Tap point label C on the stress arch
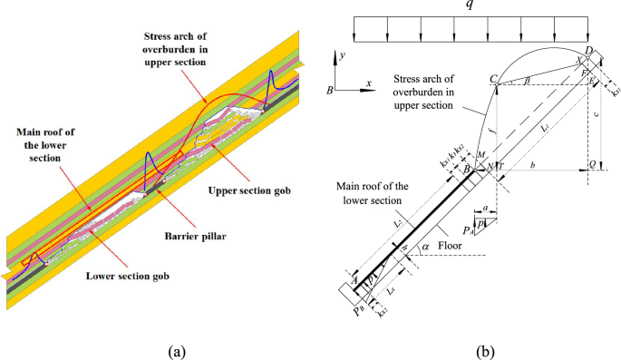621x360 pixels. click(x=494, y=81)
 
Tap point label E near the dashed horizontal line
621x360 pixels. click(x=594, y=83)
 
